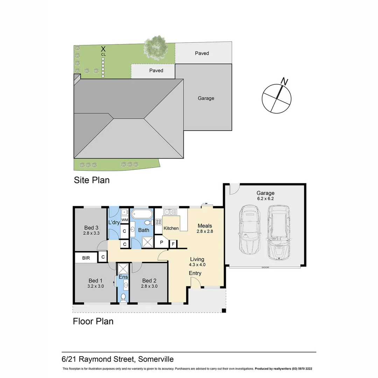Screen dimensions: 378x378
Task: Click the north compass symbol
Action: [277, 98]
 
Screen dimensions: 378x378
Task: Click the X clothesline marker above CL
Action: [103, 49]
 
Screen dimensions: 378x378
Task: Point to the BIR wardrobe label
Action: [86, 258]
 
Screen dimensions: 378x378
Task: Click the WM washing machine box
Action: [125, 219]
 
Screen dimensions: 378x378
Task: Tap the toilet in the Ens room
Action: [123, 297]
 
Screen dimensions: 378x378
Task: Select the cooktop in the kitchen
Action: [159, 222]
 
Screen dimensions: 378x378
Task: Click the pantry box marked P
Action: [162, 242]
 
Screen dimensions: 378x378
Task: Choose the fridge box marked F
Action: [173, 243]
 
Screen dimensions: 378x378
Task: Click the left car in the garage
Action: [248, 231]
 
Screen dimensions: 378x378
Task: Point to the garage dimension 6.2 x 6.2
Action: [265, 198]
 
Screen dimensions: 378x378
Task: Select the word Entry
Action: [195, 273]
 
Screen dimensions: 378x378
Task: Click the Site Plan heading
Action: [91, 180]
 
